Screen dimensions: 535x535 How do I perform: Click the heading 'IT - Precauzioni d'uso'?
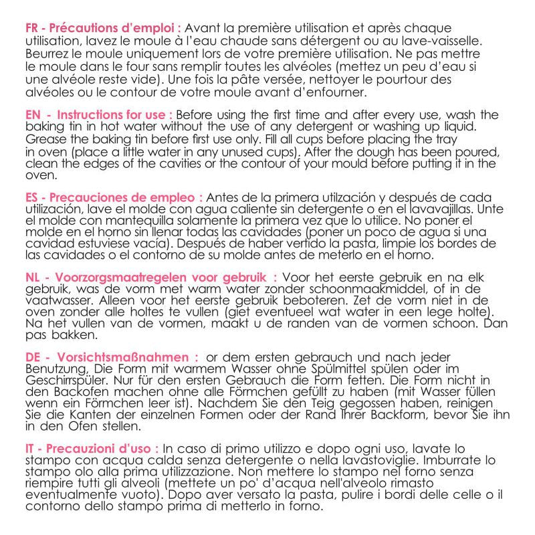(92, 448)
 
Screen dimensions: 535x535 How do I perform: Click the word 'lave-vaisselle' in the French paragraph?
(443, 40)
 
